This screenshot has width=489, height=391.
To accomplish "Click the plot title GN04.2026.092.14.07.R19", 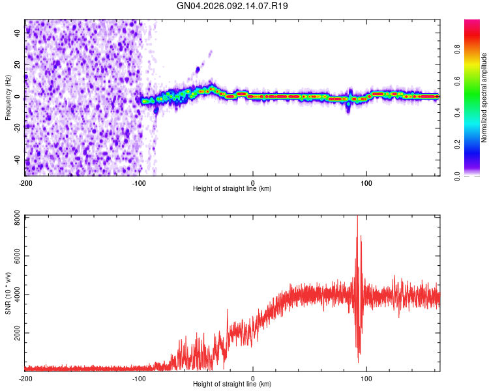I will pyautogui.click(x=233, y=6).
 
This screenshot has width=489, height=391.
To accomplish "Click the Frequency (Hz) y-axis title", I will pyautogui.click(x=8, y=98).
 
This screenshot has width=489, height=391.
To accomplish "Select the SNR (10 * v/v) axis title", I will pyautogui.click(x=8, y=293).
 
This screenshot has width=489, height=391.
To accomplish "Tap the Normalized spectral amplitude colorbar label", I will pyautogui.click(x=484, y=98).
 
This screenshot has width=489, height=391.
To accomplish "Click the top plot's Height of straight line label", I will pyautogui.click(x=232, y=188).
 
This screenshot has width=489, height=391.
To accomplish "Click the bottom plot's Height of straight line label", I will pyautogui.click(x=232, y=384).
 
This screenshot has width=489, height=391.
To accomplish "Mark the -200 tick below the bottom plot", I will pyautogui.click(x=25, y=378).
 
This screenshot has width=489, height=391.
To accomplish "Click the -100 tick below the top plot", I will pyautogui.click(x=138, y=182).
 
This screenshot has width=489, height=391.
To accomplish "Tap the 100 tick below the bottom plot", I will pyautogui.click(x=366, y=378).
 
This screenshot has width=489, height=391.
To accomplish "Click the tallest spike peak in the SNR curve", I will pyautogui.click(x=357, y=217).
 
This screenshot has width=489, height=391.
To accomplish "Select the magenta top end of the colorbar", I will pyautogui.click(x=471, y=23).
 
